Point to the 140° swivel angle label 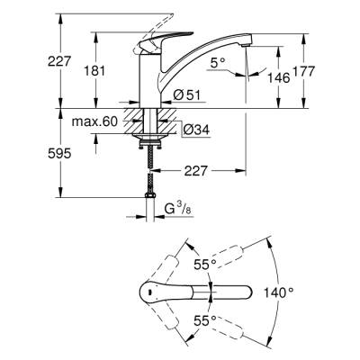tap(279, 292)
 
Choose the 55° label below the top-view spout tap(209, 319)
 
